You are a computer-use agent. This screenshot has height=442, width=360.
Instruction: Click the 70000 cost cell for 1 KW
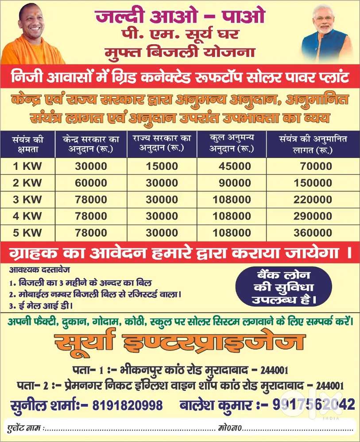[316, 166]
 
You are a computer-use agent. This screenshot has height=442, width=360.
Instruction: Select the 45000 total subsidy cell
[235, 166]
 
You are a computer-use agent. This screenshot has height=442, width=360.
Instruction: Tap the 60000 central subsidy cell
[91, 183]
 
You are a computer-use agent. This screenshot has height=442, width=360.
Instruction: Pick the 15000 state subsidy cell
[162, 166]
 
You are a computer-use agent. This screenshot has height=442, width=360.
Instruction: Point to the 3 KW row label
[27, 200]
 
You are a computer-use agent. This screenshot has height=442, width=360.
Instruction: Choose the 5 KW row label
[27, 233]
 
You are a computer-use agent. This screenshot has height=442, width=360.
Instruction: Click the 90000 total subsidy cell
[235, 183]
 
